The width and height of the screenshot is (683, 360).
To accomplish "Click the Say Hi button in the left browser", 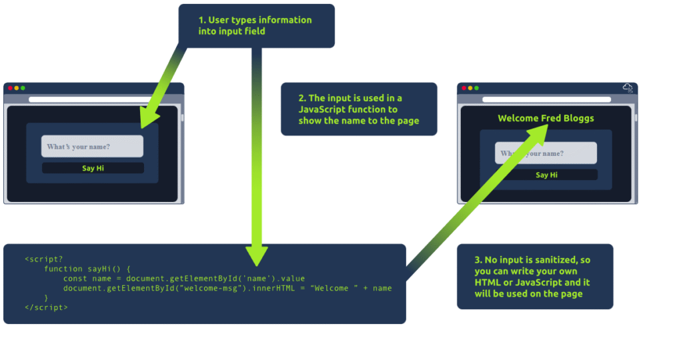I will [x=93, y=168].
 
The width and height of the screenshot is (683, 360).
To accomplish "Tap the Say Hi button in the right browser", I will [x=546, y=175].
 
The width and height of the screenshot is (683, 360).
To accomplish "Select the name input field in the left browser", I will [x=93, y=147].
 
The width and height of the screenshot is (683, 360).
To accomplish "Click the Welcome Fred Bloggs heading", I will [x=546, y=119].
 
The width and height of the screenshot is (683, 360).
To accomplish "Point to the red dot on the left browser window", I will [x=10, y=88].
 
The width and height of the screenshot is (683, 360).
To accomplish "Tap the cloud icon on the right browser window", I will [x=628, y=88].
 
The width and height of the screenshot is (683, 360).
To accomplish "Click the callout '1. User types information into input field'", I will [x=256, y=25].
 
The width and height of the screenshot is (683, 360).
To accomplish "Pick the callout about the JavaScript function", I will [x=359, y=109].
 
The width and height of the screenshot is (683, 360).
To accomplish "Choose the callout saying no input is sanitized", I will [x=534, y=276].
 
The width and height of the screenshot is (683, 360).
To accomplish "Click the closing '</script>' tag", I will [x=46, y=307].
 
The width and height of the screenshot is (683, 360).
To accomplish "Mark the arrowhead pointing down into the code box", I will [x=257, y=255].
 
